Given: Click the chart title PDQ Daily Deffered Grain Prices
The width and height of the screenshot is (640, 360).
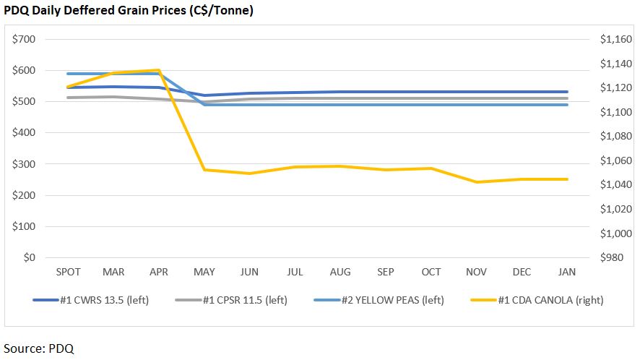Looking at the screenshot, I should [x=129, y=11].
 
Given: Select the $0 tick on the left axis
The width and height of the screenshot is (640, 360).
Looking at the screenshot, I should [x=30, y=257].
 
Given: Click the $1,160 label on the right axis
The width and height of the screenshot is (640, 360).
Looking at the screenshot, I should [x=615, y=39].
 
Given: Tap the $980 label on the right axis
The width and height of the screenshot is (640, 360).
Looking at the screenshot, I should [x=618, y=257].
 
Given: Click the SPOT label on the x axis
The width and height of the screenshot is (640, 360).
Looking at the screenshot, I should [x=68, y=272].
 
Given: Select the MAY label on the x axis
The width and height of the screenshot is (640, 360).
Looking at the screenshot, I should [x=204, y=272].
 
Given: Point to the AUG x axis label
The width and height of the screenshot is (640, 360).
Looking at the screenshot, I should [x=340, y=272].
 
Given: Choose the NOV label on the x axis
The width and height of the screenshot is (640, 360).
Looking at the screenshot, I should [x=476, y=272].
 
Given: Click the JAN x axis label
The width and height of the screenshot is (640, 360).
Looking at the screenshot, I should [x=567, y=272].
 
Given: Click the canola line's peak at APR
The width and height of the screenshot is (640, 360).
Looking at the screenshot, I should [x=159, y=70].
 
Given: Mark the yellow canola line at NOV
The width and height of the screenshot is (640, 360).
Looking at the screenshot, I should [x=476, y=182].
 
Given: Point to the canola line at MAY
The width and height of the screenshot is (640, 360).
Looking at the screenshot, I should [x=204, y=170].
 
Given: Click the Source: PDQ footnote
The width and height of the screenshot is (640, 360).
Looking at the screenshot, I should [x=39, y=348].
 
